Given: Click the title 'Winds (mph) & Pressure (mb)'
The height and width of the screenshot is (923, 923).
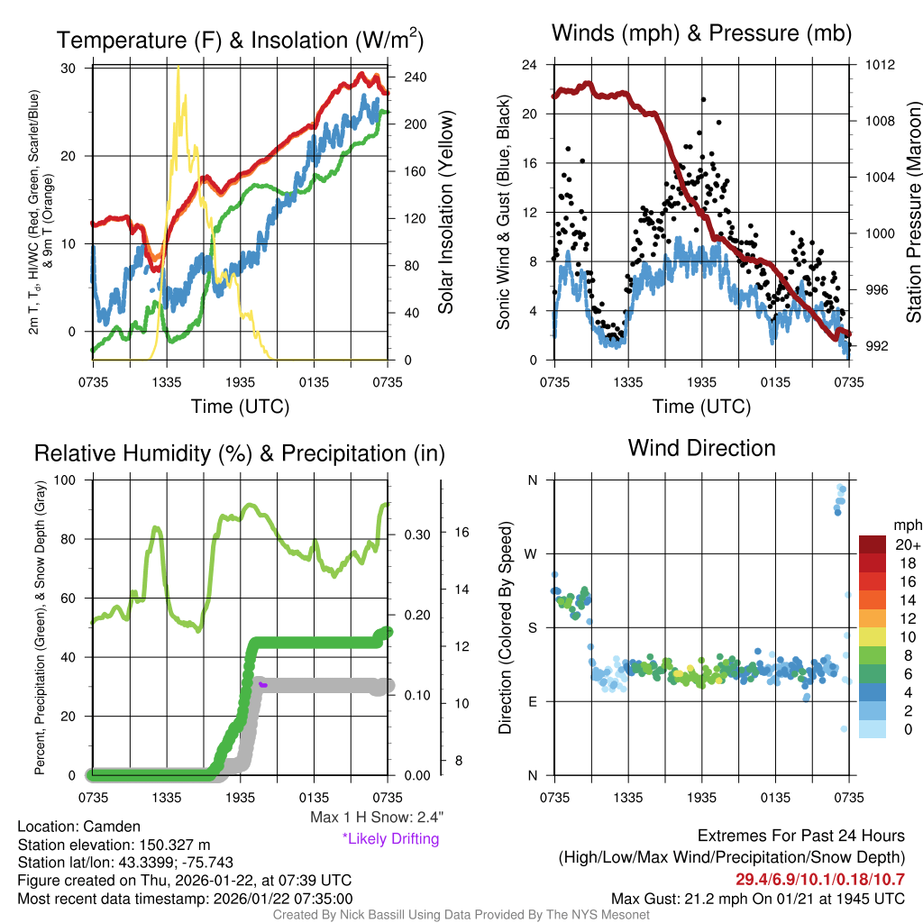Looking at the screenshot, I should (701, 34).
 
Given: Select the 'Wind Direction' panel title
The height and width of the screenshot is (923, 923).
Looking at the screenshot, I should (701, 448).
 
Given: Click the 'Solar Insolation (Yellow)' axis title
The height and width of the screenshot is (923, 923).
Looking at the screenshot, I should (446, 213).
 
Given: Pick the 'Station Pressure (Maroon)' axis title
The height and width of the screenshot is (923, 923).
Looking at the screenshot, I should (912, 213).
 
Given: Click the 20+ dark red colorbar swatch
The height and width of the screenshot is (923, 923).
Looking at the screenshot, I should (873, 544).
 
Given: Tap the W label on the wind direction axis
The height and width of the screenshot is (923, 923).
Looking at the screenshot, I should (532, 553).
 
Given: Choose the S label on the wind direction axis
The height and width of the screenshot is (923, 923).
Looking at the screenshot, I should (532, 627).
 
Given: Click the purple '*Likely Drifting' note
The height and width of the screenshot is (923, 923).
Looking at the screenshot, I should (390, 839).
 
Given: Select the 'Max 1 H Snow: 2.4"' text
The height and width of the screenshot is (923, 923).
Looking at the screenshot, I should (376, 817).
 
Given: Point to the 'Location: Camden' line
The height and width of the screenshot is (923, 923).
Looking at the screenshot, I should (78, 827).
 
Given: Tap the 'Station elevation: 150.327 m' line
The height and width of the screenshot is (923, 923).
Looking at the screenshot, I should (114, 845).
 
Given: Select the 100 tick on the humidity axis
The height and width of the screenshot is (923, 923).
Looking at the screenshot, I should (68, 480).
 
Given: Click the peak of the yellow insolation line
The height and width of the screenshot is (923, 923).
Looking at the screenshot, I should (178, 67).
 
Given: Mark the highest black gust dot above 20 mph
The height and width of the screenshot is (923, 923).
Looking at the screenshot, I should (703, 99).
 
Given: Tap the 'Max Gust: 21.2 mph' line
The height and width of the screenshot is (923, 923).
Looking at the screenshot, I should (757, 898).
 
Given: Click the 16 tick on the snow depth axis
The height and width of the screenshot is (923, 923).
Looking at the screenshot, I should (462, 532).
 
